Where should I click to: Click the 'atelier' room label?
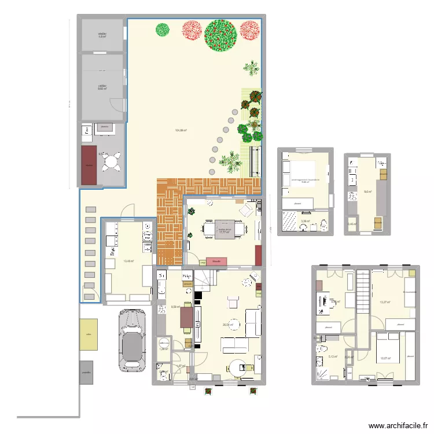(x=102, y=35)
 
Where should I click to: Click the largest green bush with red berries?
(x=220, y=35)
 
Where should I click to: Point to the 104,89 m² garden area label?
(x=179, y=130)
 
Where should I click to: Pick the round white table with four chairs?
(x=111, y=161)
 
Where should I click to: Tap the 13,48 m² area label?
(x=128, y=261)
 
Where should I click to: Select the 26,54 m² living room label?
(x=228, y=325)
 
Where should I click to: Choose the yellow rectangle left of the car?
(x=89, y=334)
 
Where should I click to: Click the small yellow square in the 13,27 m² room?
(x=411, y=272)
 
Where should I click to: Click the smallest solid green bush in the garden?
(x=162, y=28)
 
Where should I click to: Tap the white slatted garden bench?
(x=253, y=161)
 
